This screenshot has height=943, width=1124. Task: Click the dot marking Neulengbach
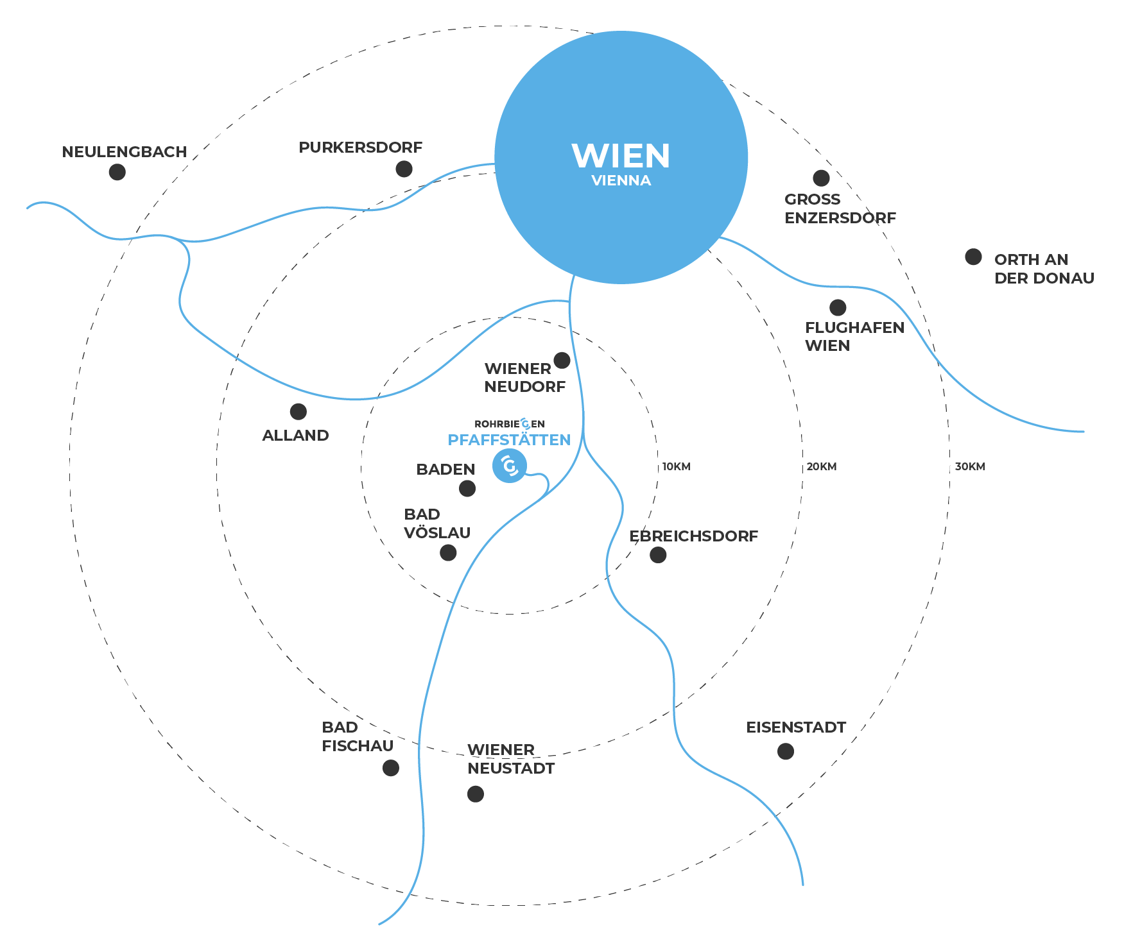[117, 172]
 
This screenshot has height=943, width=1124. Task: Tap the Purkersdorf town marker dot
[404, 169]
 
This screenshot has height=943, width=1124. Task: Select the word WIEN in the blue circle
[621, 156]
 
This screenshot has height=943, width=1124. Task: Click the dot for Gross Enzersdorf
[821, 178]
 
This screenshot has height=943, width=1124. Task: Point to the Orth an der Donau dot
[973, 257]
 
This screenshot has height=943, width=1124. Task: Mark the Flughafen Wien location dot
[838, 307]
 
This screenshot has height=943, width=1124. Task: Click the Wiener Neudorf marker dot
[562, 360]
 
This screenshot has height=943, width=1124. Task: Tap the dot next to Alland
[298, 411]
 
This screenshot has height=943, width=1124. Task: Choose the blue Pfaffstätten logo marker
[510, 466]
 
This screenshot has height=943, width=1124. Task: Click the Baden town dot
[467, 488]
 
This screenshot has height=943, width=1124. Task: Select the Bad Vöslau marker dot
[448, 552]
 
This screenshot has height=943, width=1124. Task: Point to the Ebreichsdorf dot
[658, 555]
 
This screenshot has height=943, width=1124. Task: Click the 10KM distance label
[677, 466]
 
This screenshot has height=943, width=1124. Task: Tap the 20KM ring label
[822, 466]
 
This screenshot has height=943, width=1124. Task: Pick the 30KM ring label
[969, 466]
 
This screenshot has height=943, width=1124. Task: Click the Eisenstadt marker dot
[786, 751]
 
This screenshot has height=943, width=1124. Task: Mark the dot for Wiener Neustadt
[476, 794]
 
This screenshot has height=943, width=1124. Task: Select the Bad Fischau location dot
[391, 768]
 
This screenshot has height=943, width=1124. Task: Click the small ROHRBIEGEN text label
[510, 424]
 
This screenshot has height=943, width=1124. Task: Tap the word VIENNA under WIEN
[621, 181]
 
